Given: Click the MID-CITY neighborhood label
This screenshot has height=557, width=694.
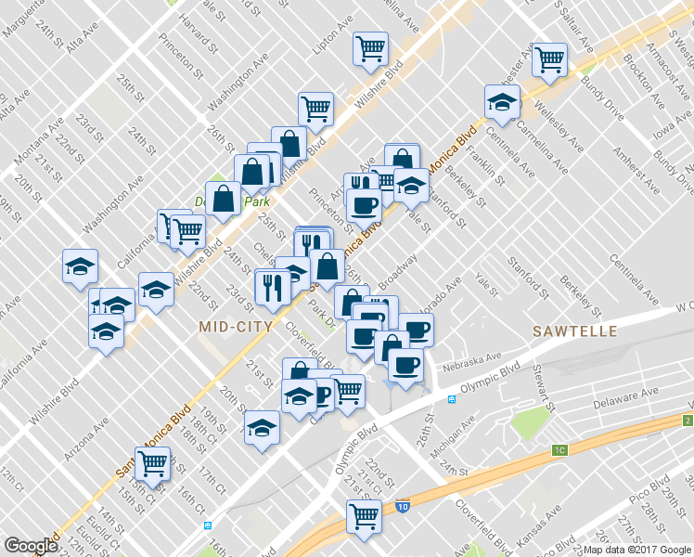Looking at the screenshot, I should (x=236, y=326).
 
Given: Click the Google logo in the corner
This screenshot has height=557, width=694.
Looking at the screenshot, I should (x=31, y=546).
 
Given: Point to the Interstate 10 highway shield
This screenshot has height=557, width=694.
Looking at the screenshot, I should (x=400, y=507).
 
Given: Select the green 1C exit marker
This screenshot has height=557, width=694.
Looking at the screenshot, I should (x=559, y=450).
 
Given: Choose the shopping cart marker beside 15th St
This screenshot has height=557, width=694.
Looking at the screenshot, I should (x=153, y=463).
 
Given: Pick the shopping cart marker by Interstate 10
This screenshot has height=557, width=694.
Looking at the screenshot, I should (x=364, y=516).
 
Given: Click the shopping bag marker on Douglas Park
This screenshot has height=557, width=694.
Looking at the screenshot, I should (x=223, y=199).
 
